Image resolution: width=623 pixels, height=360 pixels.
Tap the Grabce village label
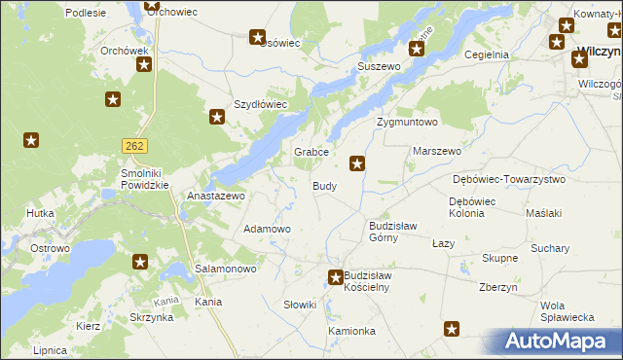click(x=312, y=153)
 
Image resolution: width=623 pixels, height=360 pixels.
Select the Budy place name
click(x=325, y=186)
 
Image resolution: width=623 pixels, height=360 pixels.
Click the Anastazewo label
click(x=215, y=196)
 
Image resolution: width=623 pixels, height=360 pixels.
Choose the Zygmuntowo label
click(x=408, y=123)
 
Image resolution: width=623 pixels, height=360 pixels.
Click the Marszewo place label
click(x=437, y=153)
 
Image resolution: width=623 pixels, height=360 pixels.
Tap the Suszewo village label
click(x=379, y=66)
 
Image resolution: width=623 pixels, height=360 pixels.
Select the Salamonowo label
click(x=226, y=269)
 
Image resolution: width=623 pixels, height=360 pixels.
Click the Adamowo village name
click(x=267, y=229)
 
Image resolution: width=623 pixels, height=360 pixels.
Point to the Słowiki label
click(x=300, y=306)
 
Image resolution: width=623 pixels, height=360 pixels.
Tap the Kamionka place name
click(x=351, y=331)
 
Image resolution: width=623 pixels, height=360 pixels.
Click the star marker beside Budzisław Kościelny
click(x=336, y=277)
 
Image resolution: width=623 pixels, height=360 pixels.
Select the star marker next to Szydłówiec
click(x=217, y=118)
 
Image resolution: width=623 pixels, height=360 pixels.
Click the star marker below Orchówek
click(x=144, y=65)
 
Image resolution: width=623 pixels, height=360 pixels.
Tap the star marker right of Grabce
click(x=358, y=163)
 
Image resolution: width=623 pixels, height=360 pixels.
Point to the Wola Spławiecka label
click(x=568, y=311)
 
